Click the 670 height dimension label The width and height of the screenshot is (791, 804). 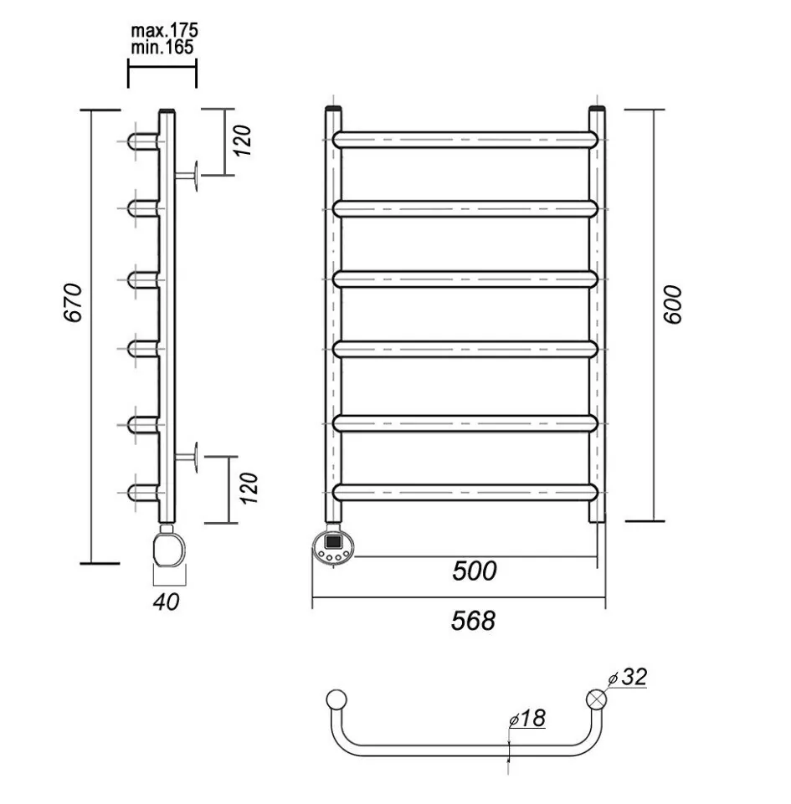73,303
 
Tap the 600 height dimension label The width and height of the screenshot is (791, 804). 675,305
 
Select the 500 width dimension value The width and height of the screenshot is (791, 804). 474,571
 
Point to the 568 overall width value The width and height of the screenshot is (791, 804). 473,621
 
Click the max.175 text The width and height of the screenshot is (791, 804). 164,31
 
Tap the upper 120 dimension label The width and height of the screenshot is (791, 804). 243,141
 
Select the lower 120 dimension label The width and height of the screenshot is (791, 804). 249,487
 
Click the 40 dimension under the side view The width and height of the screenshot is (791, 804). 167,601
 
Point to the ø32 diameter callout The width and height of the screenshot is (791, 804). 629,677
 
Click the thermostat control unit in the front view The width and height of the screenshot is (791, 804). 334,544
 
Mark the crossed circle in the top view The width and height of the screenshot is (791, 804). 597,699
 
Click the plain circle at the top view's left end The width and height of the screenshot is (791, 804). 336,699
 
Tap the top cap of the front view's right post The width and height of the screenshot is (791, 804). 597,110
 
